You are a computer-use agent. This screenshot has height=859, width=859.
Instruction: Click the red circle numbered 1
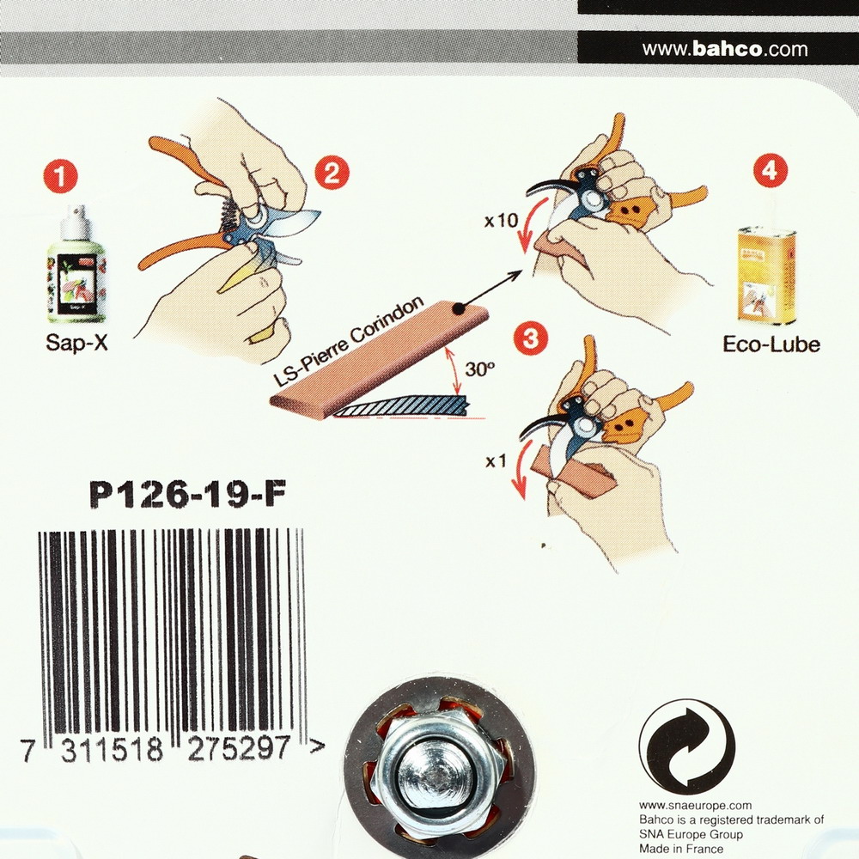point(60,176)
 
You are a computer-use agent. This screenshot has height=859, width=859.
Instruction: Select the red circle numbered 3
point(530,338)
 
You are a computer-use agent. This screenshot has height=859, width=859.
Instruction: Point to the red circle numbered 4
point(771,171)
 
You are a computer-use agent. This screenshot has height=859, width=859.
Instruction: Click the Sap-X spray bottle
point(76,265)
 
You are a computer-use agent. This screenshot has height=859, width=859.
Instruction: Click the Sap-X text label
point(76,343)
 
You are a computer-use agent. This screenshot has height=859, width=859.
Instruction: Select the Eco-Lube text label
point(771,344)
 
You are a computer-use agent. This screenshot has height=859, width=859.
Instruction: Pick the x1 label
point(497,462)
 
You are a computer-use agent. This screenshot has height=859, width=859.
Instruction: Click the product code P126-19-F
point(188,495)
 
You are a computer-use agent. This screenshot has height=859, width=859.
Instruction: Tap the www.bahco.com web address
point(725,49)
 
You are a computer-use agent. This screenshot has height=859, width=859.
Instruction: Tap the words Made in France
point(681,850)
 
